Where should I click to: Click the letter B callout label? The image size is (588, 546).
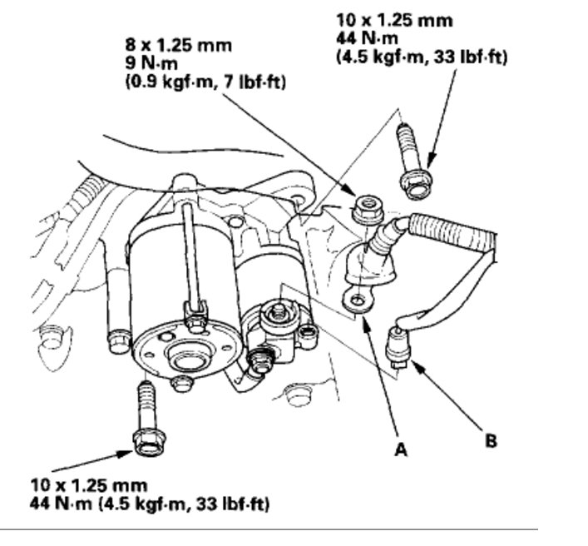[492, 439]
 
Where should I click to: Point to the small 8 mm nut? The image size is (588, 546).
[363, 209]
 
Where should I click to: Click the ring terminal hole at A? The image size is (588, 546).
[358, 298]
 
